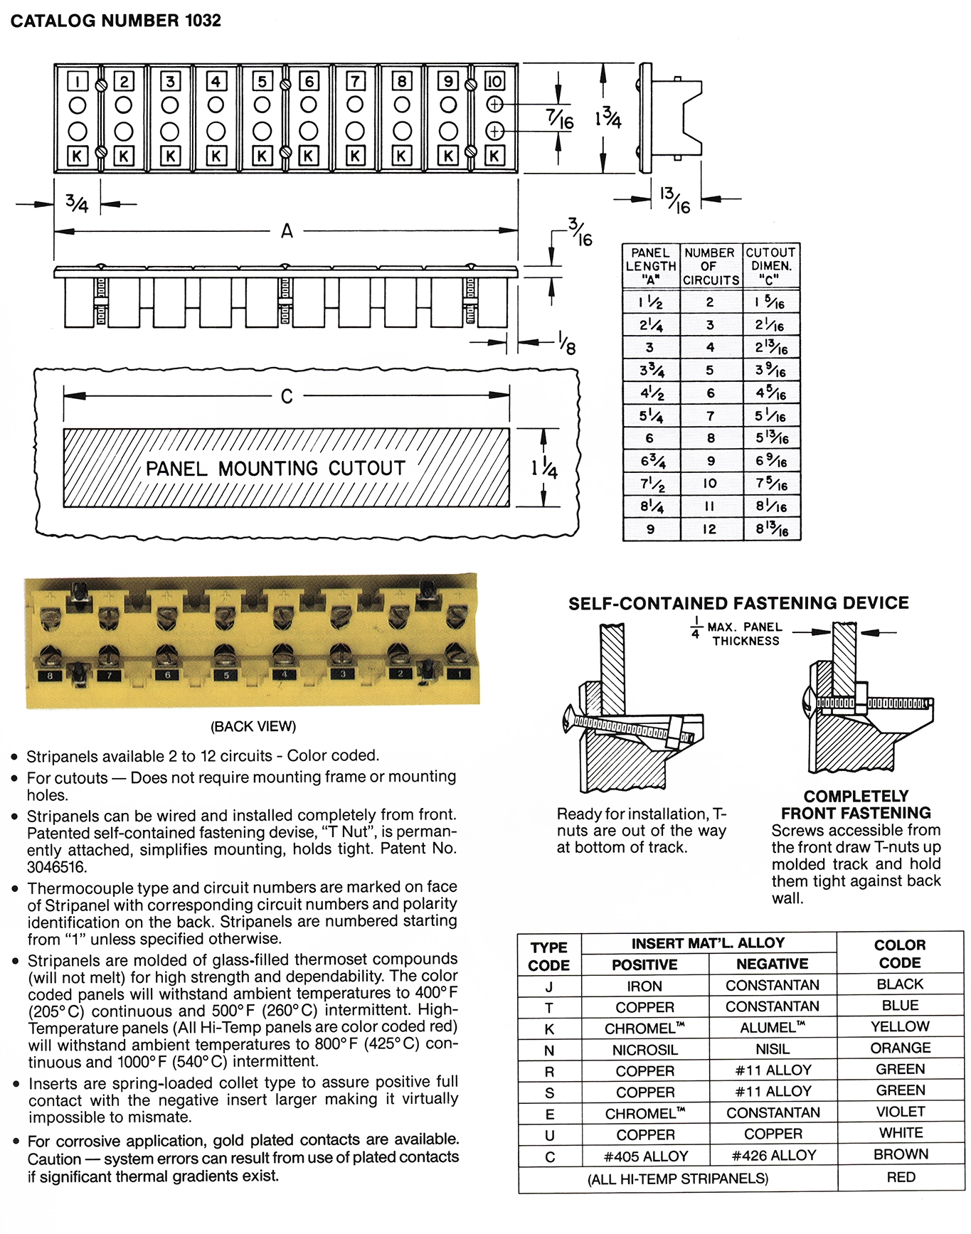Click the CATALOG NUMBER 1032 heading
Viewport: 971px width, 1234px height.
click(x=115, y=21)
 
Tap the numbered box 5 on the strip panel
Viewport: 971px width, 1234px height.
click(x=262, y=81)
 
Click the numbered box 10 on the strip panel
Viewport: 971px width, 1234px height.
click(x=494, y=81)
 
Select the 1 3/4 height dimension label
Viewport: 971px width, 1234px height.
click(x=608, y=117)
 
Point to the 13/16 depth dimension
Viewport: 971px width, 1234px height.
click(x=675, y=200)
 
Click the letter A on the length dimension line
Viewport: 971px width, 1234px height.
click(x=287, y=231)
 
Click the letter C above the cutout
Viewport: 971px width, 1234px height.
click(x=287, y=396)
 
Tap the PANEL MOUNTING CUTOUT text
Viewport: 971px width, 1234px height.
click(x=275, y=468)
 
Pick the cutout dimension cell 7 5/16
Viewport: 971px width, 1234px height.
click(x=771, y=484)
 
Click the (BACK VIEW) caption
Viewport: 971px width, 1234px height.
click(x=253, y=726)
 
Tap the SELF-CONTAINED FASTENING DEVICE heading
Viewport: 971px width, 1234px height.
click(x=738, y=603)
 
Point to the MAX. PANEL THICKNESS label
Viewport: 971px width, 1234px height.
click(x=744, y=634)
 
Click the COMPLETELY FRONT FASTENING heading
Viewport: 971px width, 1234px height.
click(x=856, y=804)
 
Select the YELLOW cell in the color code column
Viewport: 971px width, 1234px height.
click(x=900, y=1026)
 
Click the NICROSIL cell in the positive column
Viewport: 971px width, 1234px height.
click(x=645, y=1050)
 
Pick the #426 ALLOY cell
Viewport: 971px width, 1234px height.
click(x=773, y=1156)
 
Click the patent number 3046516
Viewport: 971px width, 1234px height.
click(x=56, y=867)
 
